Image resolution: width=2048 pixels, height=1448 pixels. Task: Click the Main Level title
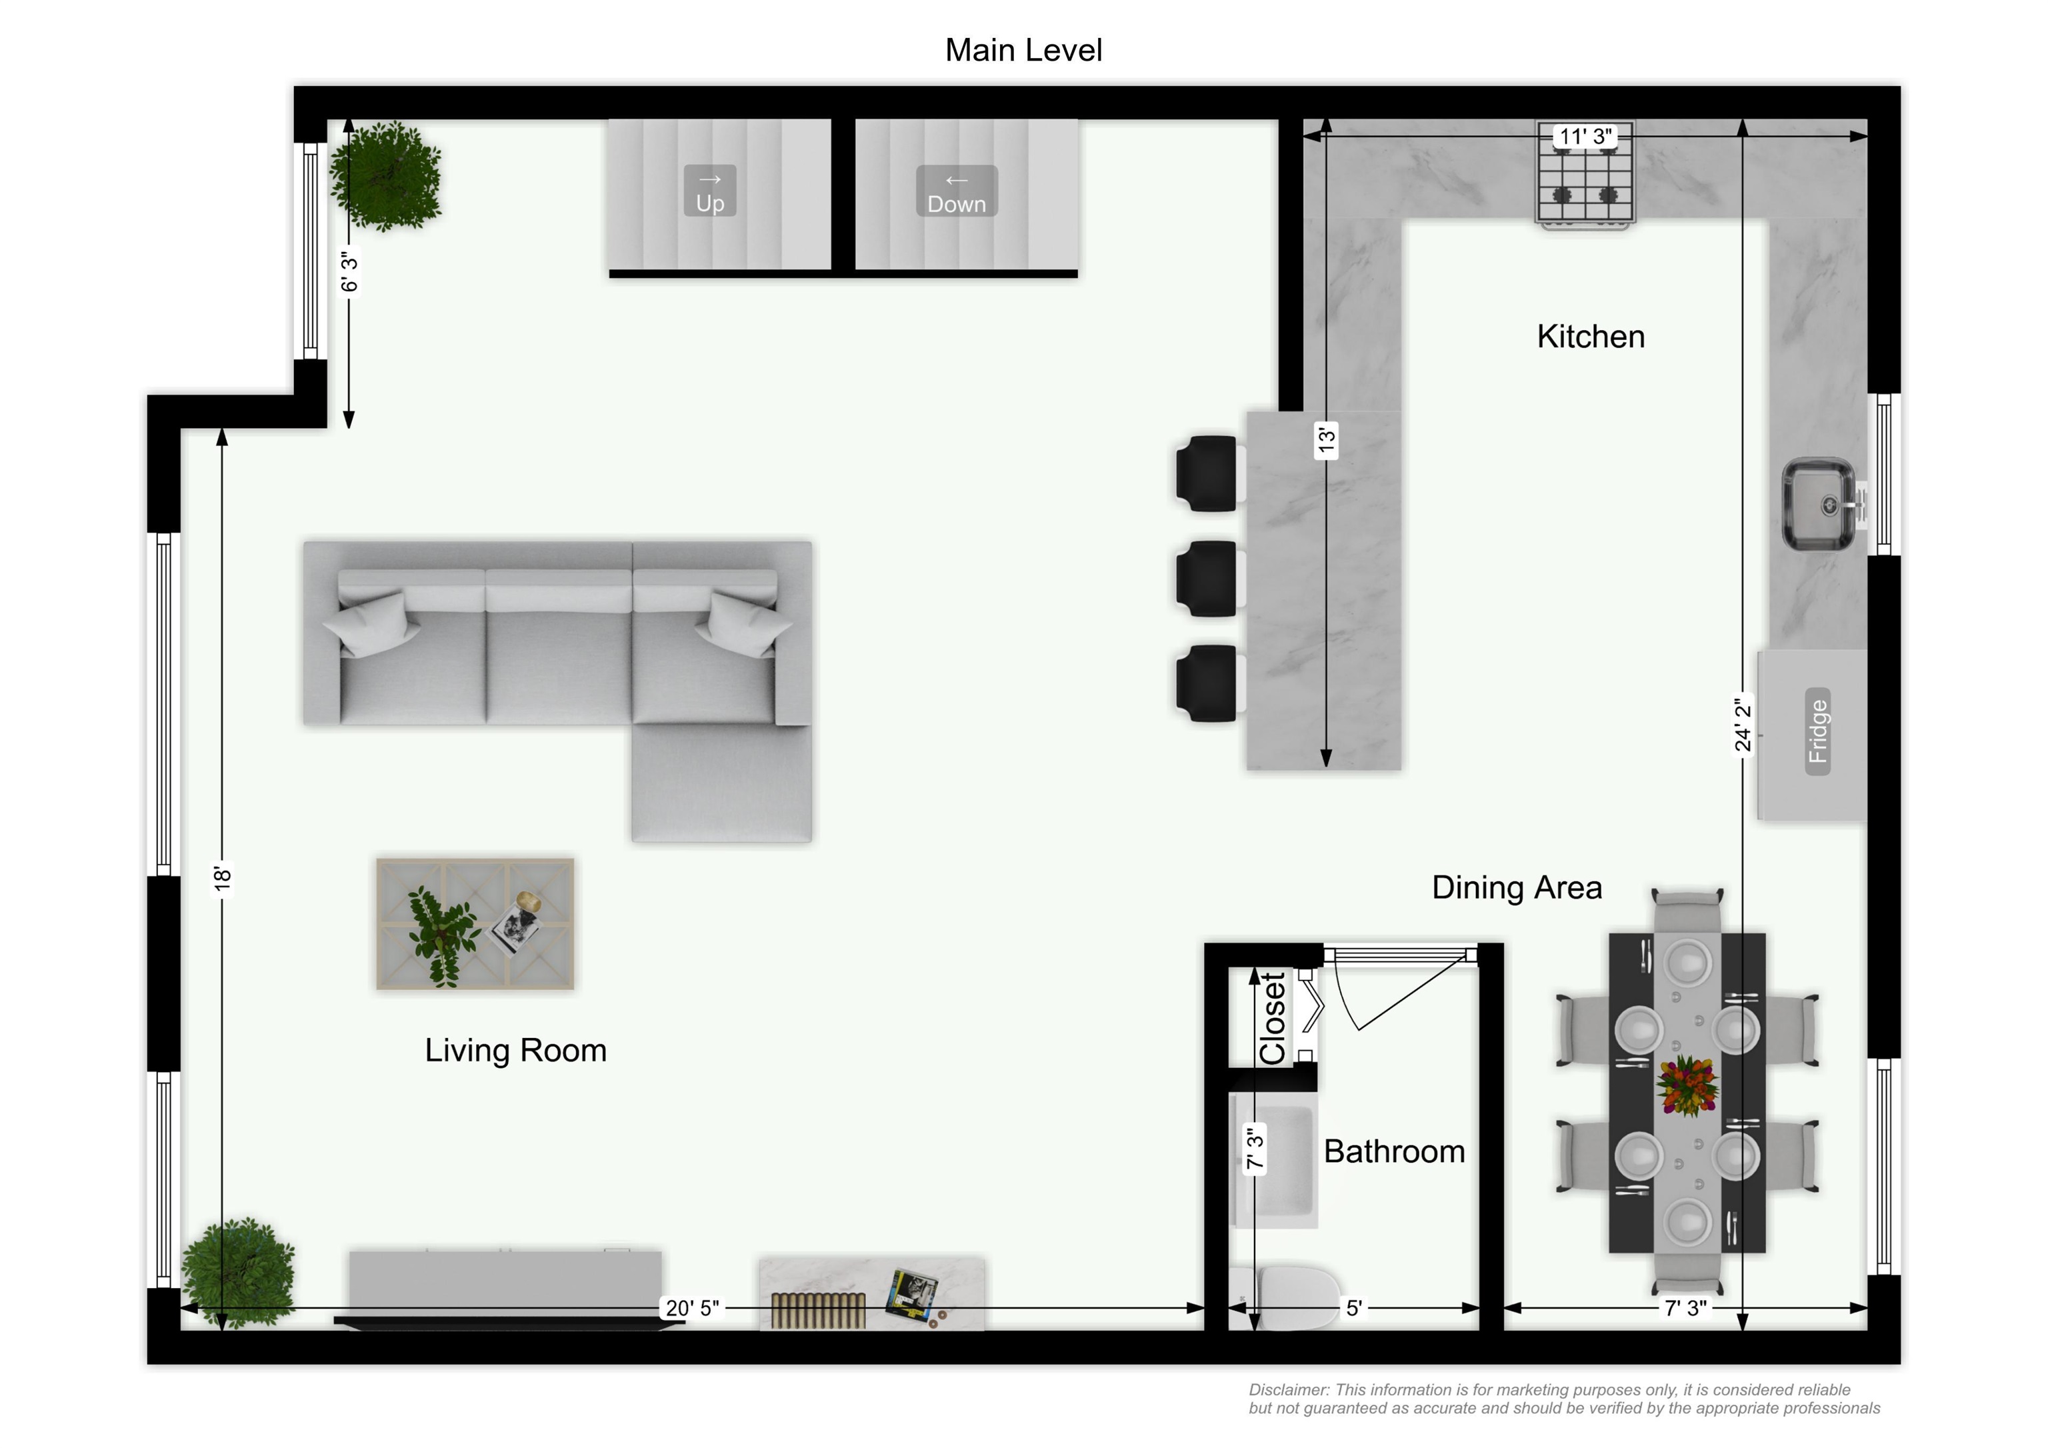[x=1023, y=50]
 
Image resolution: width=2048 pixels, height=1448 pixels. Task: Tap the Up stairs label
[x=710, y=191]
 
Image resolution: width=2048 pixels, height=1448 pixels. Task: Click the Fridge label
[x=1817, y=731]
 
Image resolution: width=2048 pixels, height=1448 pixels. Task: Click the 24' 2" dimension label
[x=1742, y=725]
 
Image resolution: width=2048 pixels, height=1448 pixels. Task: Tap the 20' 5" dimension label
[x=692, y=1308]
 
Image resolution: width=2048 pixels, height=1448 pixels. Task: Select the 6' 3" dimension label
[x=349, y=272]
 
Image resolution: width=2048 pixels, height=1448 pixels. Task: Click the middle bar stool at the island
[x=1209, y=579]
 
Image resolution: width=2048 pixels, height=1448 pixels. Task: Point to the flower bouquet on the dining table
[x=1686, y=1086]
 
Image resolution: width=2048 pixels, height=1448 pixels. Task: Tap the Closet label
[x=1273, y=1018]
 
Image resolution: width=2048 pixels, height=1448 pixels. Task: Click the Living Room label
[x=515, y=1050]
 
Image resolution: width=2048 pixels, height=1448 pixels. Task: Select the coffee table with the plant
[x=475, y=923]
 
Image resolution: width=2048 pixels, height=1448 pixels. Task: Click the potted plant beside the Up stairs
[x=385, y=177]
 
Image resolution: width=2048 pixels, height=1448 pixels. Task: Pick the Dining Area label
[x=1517, y=888]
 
